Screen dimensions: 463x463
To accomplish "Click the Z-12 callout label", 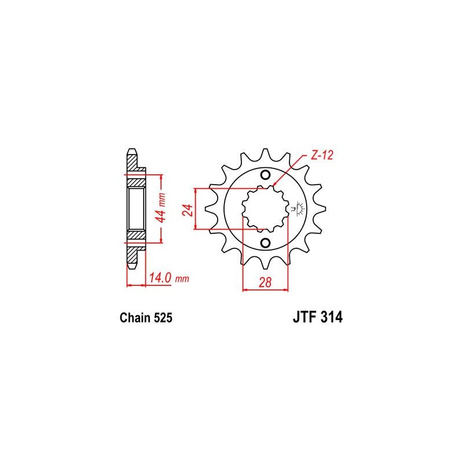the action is click(322, 155).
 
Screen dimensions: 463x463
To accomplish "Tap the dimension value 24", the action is click(188, 210).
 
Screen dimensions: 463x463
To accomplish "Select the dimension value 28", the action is click(265, 282).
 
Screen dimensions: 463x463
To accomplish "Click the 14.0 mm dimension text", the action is click(168, 278).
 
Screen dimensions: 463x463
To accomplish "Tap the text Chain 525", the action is click(146, 318).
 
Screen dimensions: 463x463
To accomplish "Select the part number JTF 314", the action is click(318, 317).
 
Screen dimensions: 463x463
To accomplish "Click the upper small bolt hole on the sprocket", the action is click(265, 175).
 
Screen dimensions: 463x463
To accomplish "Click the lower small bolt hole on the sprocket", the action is click(265, 242).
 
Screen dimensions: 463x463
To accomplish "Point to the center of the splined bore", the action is click(265, 209).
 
